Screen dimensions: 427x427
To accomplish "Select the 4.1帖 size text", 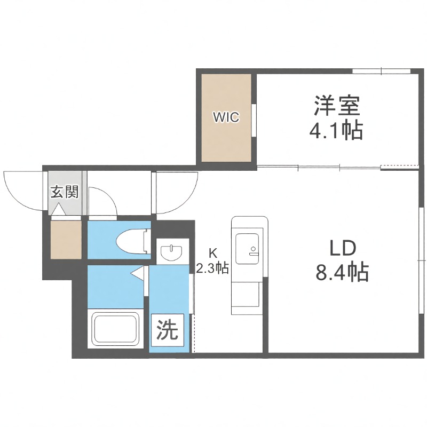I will (337, 130).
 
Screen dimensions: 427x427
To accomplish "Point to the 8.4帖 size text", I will (342, 273).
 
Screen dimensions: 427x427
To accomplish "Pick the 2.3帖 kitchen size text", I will (212, 268).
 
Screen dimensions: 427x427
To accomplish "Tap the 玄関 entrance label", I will (65, 192).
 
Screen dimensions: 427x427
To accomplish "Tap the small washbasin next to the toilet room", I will (172, 251).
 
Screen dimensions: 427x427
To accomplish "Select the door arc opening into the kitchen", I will (176, 192).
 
